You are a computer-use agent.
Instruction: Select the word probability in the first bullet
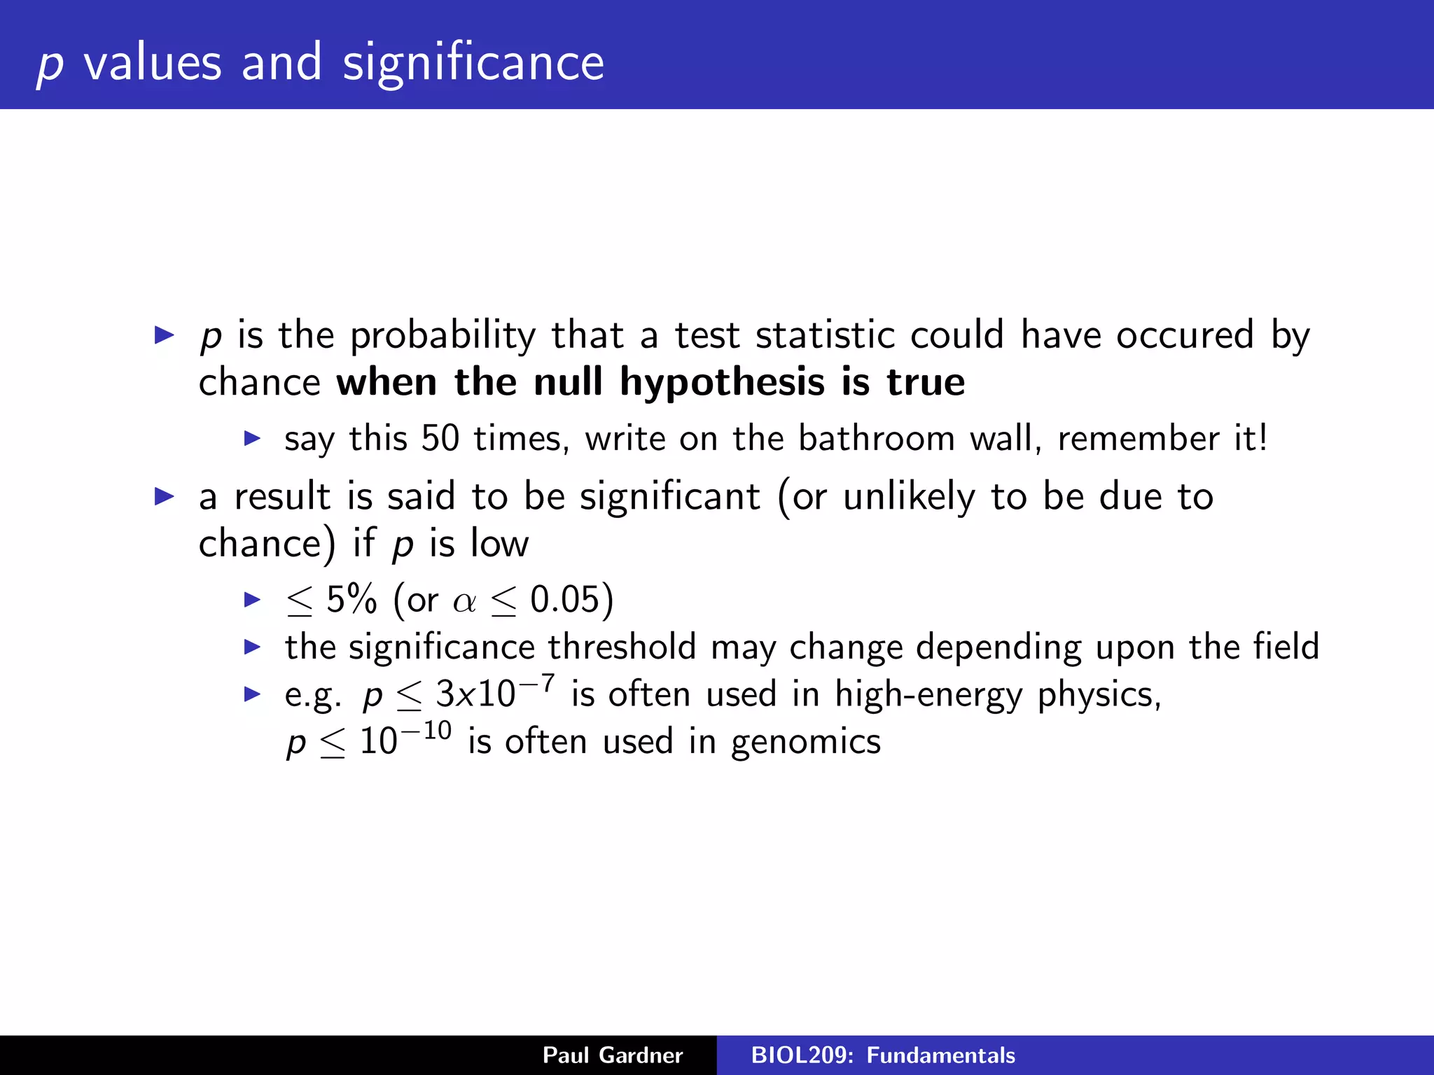click(x=443, y=336)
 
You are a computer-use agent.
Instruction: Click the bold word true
click(x=926, y=383)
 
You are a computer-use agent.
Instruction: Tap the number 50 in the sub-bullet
click(x=440, y=439)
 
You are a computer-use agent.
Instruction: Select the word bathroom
click(x=877, y=439)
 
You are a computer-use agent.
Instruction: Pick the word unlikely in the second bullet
click(x=909, y=498)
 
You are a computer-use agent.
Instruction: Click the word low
click(x=499, y=543)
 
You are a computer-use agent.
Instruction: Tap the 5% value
click(x=351, y=600)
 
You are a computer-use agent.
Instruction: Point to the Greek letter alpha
click(x=464, y=602)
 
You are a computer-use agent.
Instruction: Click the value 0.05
click(x=565, y=600)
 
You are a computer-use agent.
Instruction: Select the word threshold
click(x=622, y=647)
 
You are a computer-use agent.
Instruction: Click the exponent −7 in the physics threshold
click(x=538, y=682)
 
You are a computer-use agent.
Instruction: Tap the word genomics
click(x=806, y=743)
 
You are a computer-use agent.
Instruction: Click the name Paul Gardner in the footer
click(x=613, y=1055)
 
